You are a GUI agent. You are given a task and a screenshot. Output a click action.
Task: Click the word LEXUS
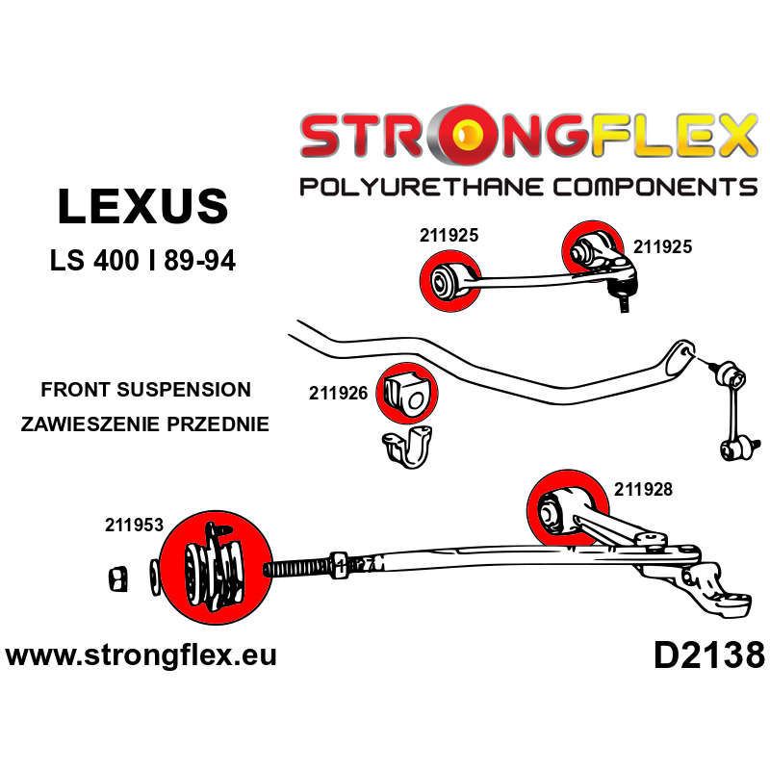pos(142,207)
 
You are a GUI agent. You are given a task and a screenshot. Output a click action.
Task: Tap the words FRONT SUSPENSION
pos(145,390)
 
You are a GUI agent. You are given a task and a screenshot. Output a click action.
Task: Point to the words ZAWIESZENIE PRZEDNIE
pos(145,423)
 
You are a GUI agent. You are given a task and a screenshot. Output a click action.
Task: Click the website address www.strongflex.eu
pos(141,655)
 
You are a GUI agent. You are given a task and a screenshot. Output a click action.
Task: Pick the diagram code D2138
pos(708,656)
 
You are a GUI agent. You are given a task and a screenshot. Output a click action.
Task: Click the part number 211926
pos(339,393)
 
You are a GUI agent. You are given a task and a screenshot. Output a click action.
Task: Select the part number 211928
pos(643,489)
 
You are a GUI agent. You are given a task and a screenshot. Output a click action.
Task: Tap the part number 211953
pos(134,526)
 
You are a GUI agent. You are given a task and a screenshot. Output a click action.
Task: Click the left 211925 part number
pos(449,234)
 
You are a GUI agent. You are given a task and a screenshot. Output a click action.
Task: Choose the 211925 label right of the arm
pos(662,246)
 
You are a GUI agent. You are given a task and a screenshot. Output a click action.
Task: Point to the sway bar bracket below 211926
pos(405,451)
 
